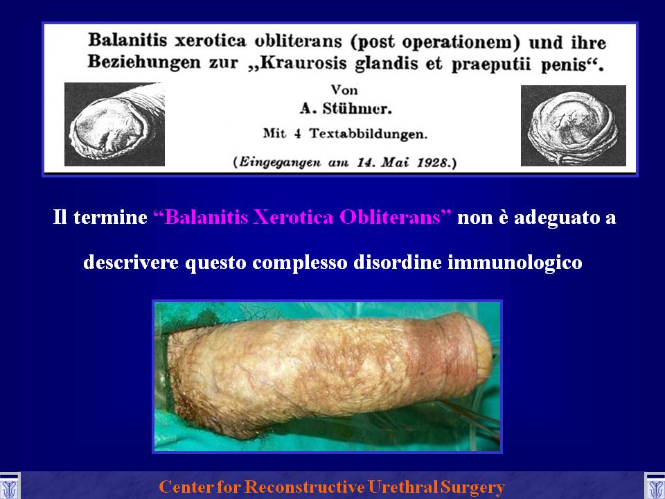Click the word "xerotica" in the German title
pos(211,41)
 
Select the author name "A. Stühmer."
pos(346,109)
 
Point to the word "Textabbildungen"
pos(368,134)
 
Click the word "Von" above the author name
pos(344,90)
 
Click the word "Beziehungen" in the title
pos(144,62)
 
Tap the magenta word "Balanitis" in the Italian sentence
pos(201,217)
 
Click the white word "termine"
pos(110,218)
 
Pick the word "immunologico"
pos(515,263)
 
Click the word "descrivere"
pos(131,262)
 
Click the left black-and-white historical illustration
pos(114,124)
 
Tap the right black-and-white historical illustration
pos(574,125)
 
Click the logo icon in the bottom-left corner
pos(10,486)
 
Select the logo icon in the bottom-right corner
pos(655,486)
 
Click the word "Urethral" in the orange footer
pos(402,487)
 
